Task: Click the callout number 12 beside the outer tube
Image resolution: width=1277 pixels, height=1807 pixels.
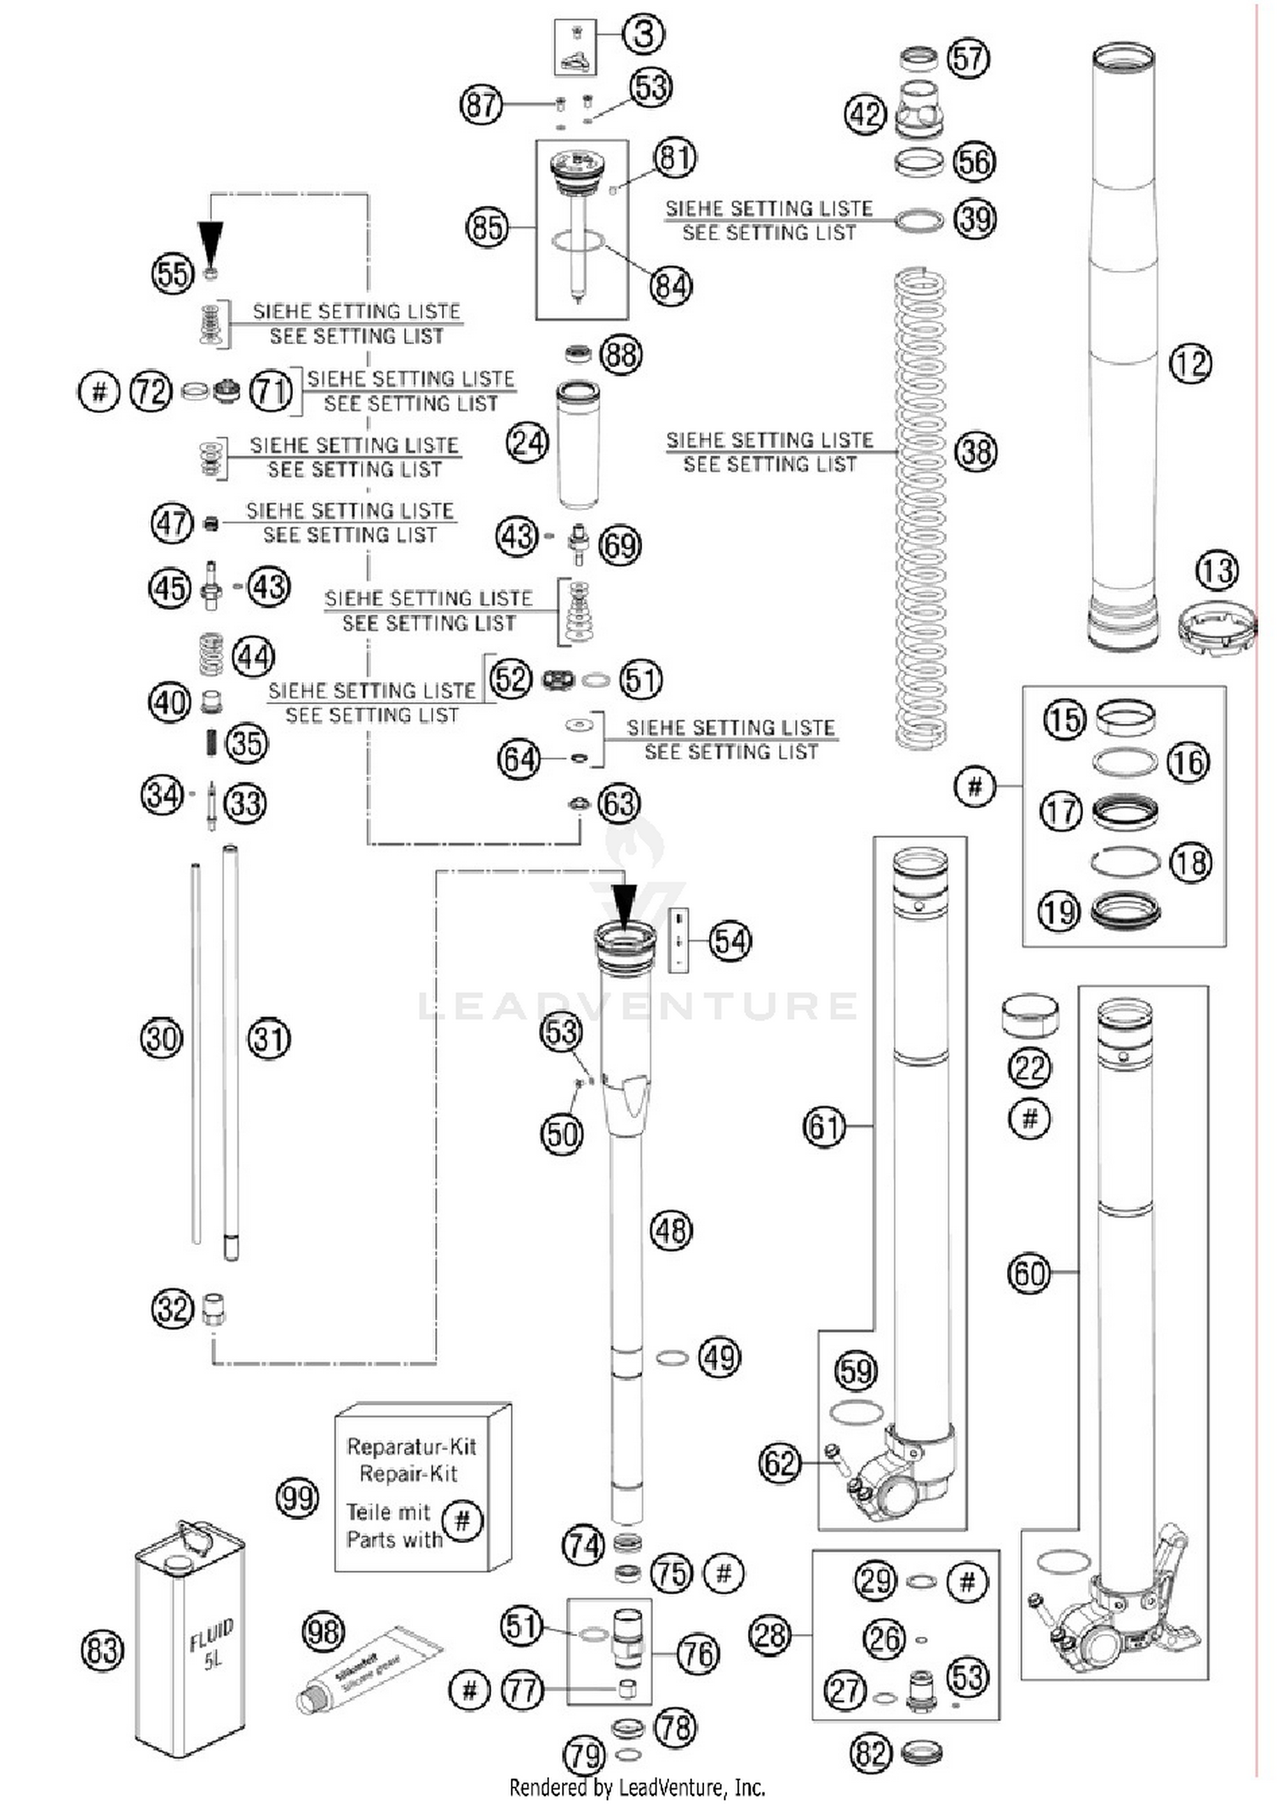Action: pyautogui.click(x=1190, y=364)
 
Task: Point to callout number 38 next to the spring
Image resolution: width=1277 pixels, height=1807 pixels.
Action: pyautogui.click(x=976, y=451)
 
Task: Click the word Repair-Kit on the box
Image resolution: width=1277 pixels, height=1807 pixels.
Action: pyautogui.click(x=408, y=1473)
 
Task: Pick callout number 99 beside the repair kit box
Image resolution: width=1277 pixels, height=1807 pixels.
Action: pyautogui.click(x=297, y=1498)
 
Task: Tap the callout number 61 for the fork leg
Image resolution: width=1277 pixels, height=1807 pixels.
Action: pyautogui.click(x=824, y=1127)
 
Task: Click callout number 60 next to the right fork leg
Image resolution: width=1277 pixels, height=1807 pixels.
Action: pyautogui.click(x=1029, y=1274)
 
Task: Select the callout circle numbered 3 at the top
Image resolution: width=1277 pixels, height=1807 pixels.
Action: pyautogui.click(x=644, y=34)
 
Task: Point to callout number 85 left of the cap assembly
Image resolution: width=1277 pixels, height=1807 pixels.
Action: pyautogui.click(x=487, y=227)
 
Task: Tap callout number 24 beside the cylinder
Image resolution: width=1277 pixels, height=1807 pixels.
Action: pyautogui.click(x=527, y=442)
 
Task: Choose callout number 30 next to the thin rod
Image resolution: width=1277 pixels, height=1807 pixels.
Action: pyautogui.click(x=161, y=1038)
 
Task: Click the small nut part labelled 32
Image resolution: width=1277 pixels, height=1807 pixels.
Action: pyautogui.click(x=214, y=1309)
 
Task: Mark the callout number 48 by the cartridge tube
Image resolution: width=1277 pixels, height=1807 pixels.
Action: pyautogui.click(x=671, y=1230)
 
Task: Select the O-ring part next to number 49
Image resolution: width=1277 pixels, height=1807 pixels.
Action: pyautogui.click(x=672, y=1358)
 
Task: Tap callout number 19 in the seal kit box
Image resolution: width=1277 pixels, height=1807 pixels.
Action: pyautogui.click(x=1059, y=912)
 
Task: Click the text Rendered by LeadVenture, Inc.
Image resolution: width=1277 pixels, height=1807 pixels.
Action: pyautogui.click(x=637, y=1787)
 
